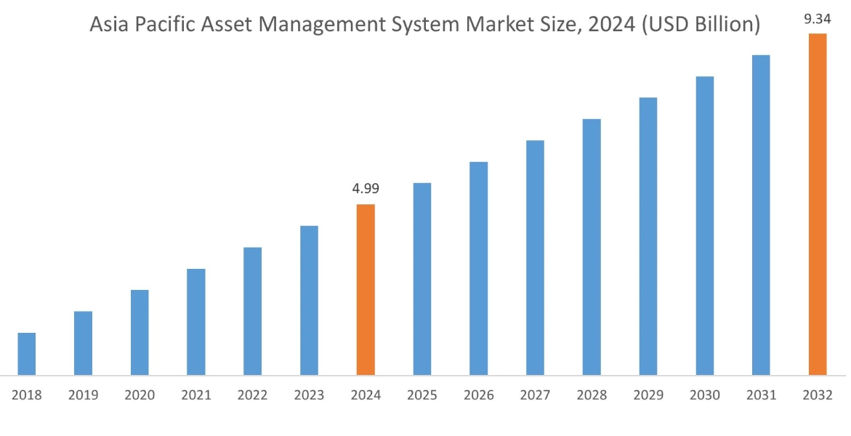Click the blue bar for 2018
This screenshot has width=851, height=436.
point(27,354)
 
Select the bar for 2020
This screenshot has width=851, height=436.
point(140,333)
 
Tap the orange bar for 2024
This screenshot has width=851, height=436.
point(366,290)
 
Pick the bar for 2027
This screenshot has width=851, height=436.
point(535,258)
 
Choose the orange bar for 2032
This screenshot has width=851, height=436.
point(818,204)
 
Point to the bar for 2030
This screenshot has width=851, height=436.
point(705,226)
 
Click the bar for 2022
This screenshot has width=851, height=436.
point(253,311)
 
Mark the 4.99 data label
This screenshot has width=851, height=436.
point(366,189)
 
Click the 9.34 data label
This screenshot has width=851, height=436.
point(817,19)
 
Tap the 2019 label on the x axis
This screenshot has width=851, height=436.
point(83,395)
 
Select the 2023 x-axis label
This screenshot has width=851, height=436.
point(309,395)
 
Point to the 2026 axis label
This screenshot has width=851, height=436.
point(478,395)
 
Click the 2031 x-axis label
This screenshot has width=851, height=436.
point(761,395)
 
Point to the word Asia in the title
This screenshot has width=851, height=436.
point(108,26)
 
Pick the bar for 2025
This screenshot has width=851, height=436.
point(422,279)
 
